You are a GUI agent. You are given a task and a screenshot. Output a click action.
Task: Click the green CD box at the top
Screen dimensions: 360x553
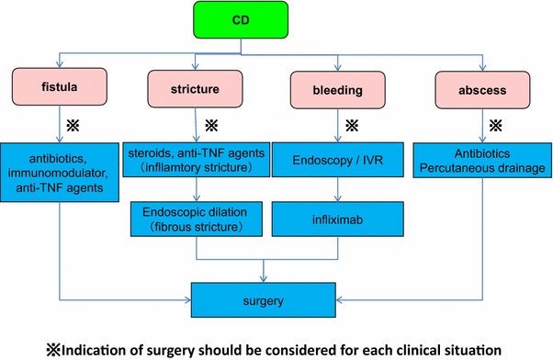(242, 19)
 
